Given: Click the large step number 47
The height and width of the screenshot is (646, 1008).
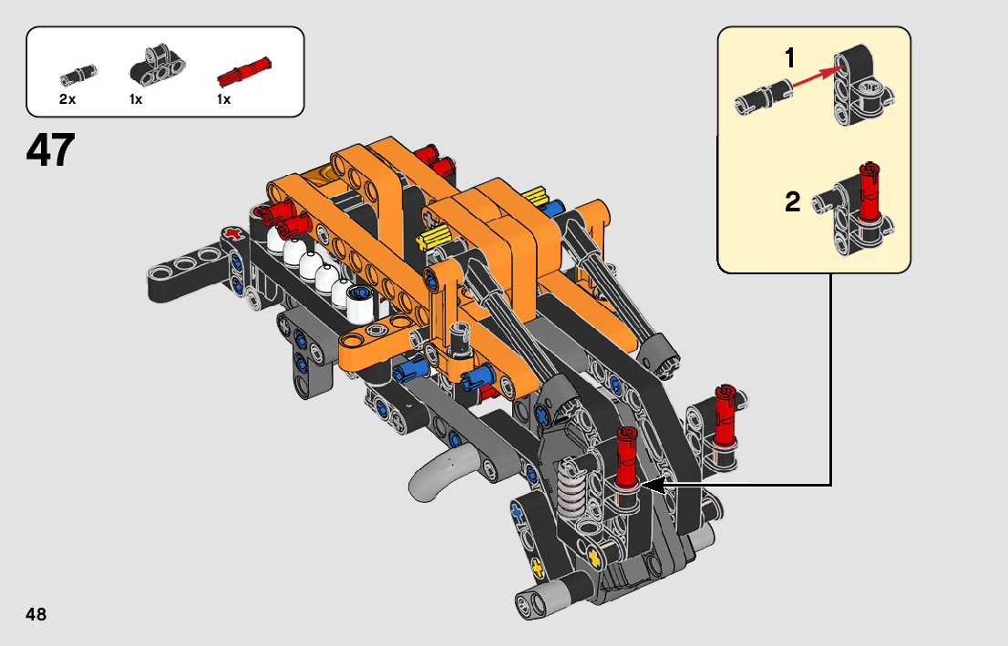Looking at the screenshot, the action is pos(51,150).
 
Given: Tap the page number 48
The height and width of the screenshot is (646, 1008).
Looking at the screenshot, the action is pos(36,614).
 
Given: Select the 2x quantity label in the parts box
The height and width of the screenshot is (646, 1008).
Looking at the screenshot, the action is pos(67,99).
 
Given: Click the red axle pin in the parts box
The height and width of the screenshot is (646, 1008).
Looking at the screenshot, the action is pos(244,72).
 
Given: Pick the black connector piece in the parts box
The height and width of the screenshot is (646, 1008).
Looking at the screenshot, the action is pos(157,65).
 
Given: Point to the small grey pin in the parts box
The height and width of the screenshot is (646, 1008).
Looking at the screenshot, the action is pos(78,75).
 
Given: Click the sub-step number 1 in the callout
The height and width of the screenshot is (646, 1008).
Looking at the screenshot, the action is pos(790,58).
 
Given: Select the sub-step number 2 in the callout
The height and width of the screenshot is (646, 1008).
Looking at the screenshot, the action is pos(793,202).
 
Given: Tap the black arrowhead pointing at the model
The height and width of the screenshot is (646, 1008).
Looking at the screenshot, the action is pos(654,486).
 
